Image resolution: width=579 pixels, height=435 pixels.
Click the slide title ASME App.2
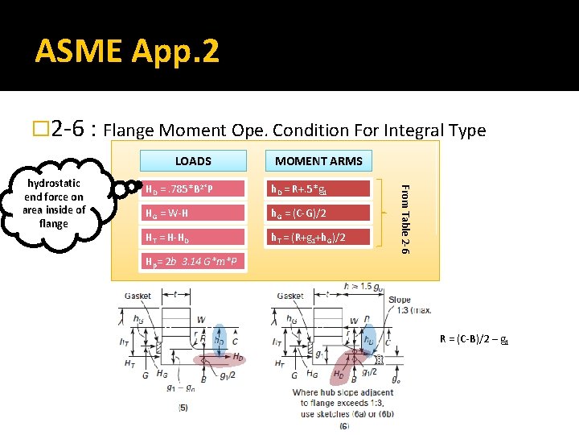click(x=126, y=52)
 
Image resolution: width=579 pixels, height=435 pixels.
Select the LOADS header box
click(x=193, y=161)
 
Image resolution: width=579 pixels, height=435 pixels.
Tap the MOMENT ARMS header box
click(x=318, y=161)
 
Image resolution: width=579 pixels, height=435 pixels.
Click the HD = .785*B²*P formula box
click(x=194, y=189)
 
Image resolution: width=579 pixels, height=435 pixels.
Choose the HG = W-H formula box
click(x=194, y=213)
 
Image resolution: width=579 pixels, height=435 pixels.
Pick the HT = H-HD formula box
click(x=194, y=238)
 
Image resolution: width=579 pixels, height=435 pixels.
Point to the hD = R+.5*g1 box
click(x=318, y=189)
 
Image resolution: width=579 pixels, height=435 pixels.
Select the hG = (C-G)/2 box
click(x=318, y=213)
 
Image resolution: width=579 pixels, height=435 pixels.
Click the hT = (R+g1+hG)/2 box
click(x=318, y=238)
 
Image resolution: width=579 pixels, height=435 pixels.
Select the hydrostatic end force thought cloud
click(x=54, y=202)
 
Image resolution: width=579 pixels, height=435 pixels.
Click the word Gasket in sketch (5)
click(x=138, y=296)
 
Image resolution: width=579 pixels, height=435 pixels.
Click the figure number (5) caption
click(x=184, y=407)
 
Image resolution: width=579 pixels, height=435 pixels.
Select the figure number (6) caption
click(x=344, y=425)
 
